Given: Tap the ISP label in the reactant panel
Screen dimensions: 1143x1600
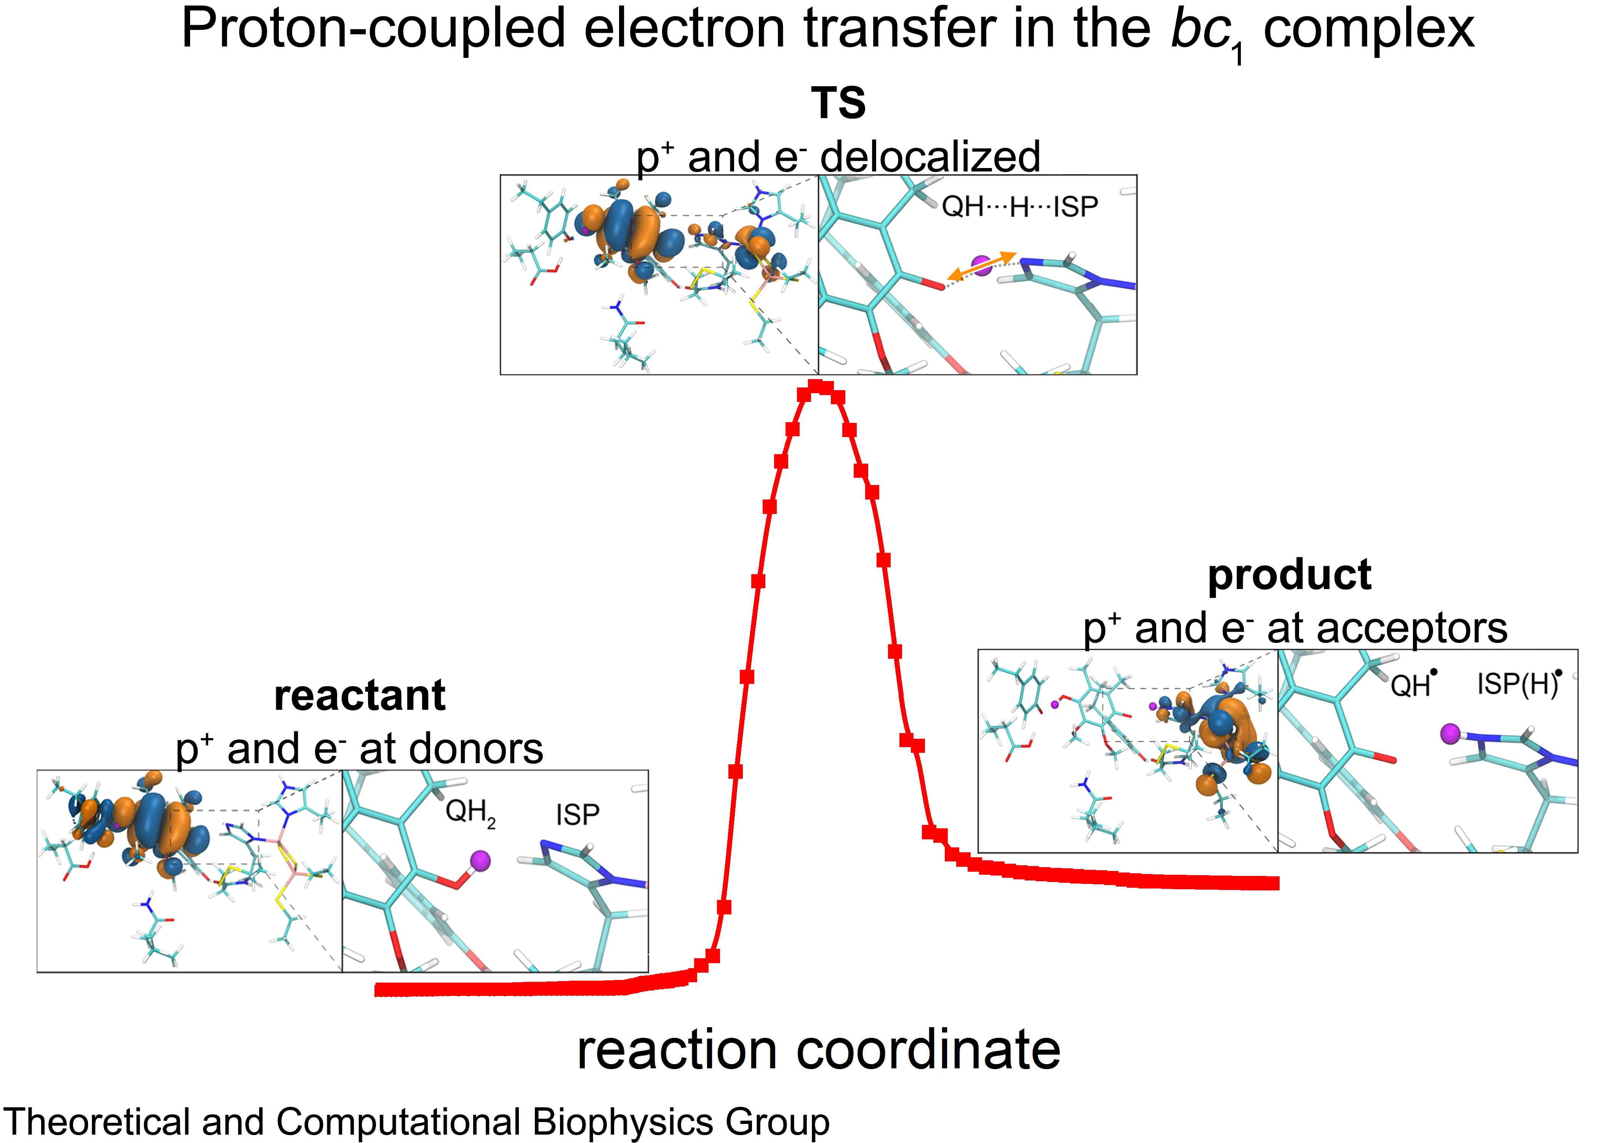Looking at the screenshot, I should [578, 815].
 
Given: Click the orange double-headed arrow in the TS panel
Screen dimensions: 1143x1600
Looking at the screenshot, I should [982, 266].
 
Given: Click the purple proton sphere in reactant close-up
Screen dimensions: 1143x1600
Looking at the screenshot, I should [480, 860].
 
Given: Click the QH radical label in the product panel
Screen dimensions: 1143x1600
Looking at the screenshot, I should [1412, 685].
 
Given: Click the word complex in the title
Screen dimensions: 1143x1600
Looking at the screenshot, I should [1368, 30].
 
